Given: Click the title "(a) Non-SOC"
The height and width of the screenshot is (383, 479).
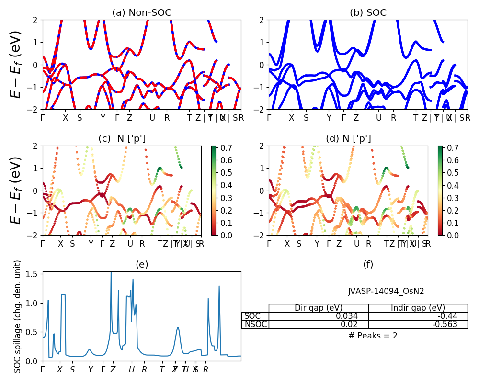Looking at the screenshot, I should [141, 13].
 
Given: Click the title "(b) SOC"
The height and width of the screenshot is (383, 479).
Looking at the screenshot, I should [368, 13].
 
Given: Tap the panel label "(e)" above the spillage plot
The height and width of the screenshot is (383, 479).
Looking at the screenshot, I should [141, 264].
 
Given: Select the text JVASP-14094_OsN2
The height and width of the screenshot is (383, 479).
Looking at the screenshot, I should [386, 291].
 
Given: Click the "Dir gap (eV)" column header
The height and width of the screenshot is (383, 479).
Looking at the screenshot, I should [319, 308].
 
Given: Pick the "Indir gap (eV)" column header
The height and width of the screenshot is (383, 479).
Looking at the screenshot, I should [418, 308].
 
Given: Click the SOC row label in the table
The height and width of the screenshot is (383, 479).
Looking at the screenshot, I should [252, 316].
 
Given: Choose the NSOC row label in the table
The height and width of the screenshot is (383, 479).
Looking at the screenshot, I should [255, 324].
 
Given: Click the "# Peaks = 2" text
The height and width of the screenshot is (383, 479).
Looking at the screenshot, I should [373, 336].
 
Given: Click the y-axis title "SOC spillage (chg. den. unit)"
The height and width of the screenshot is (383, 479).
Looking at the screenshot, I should [18, 316].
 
